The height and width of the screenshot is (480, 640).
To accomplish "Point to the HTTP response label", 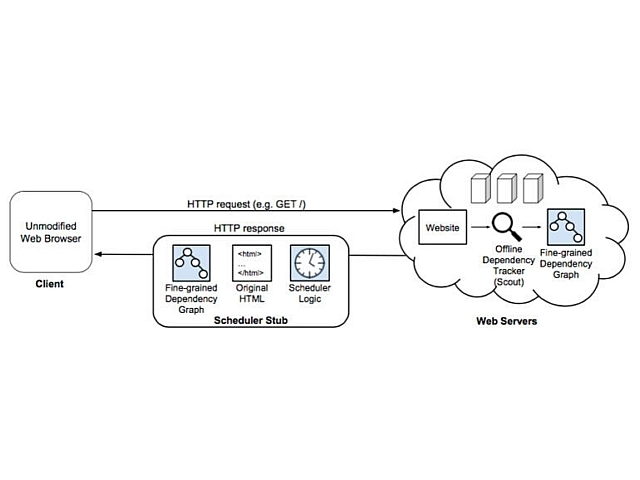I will point(251,228).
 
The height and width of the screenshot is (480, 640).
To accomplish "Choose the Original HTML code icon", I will point(251,262).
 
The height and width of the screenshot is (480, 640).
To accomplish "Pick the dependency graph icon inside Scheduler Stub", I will point(189,262).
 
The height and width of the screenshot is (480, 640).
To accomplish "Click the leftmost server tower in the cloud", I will point(478,187).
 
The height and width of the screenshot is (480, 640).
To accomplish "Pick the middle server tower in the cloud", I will point(507,187).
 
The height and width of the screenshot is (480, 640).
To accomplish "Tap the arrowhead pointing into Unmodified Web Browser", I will point(95,256).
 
